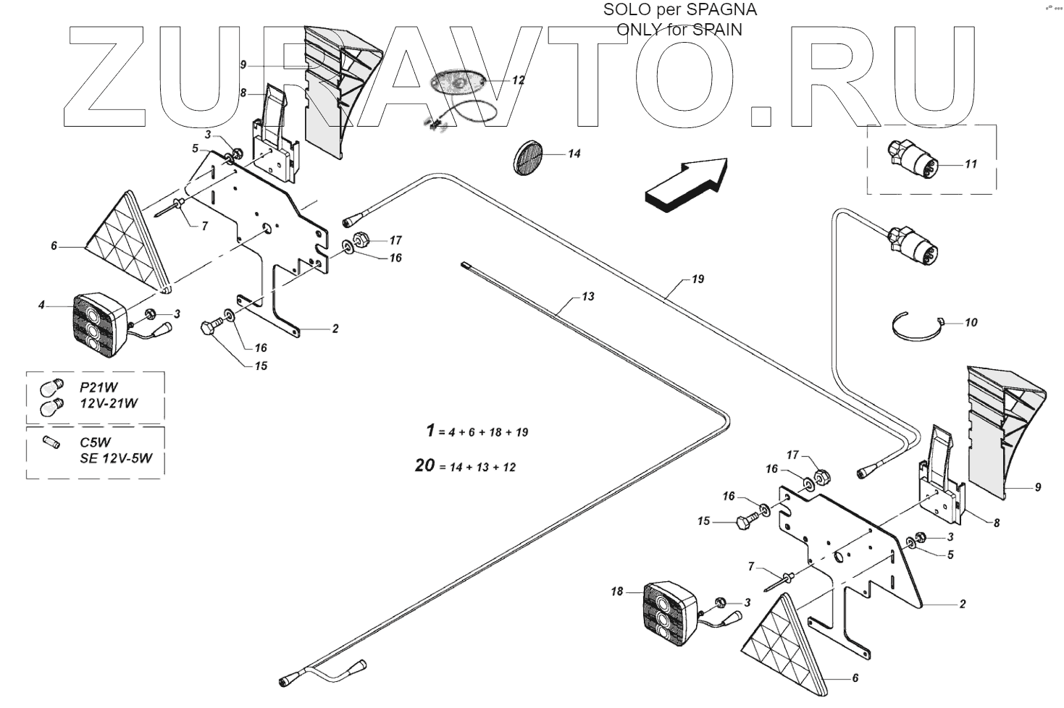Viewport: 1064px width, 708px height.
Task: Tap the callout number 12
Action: pos(518,80)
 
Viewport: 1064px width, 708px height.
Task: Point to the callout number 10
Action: pos(971,322)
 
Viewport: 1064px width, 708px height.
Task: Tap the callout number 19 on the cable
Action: pos(698,279)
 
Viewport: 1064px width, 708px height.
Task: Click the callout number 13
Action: pos(587,297)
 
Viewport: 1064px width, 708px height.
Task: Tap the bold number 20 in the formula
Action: pos(424,465)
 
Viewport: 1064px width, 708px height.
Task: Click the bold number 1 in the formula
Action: pos(430,431)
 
